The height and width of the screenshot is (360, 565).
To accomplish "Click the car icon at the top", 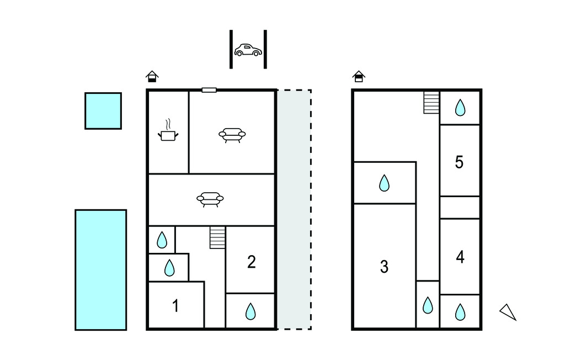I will [247, 50].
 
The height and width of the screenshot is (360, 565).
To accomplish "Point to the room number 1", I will [175, 306].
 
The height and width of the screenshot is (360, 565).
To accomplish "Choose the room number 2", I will [251, 262].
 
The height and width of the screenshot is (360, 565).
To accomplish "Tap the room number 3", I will [384, 267].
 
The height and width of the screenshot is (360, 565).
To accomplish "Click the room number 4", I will [460, 257].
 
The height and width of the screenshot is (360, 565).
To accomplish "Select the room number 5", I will [459, 162].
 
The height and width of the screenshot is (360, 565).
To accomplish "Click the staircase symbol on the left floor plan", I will [218, 237].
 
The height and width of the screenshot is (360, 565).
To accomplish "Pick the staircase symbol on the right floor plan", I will [431, 102].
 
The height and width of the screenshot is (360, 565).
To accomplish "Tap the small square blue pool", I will [103, 111].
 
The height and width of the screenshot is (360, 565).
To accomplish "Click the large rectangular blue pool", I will [101, 270].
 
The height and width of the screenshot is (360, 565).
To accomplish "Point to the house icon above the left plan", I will [152, 76].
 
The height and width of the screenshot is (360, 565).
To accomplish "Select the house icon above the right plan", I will [359, 76].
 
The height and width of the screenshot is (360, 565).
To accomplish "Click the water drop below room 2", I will [250, 312].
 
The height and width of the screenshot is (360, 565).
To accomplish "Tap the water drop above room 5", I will [460, 108].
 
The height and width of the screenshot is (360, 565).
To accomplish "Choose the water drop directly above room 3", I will [385, 183].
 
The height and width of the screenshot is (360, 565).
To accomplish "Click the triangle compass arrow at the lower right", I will [508, 312].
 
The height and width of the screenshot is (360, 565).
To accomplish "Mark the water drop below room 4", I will [460, 313].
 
